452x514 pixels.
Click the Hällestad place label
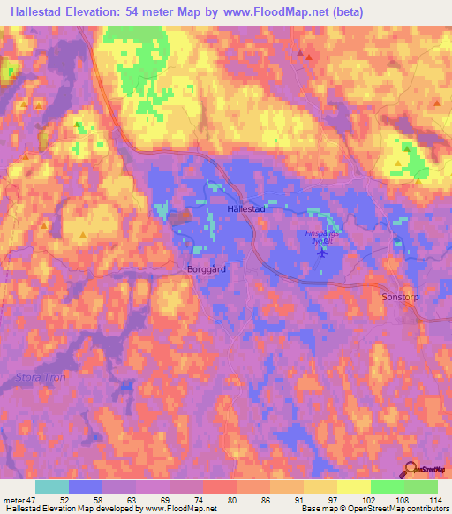246,210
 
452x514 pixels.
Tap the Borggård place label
207,268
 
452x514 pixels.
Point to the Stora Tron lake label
36,377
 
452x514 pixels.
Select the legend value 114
436,499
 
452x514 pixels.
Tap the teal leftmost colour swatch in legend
52,487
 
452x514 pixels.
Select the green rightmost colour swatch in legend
420,487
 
